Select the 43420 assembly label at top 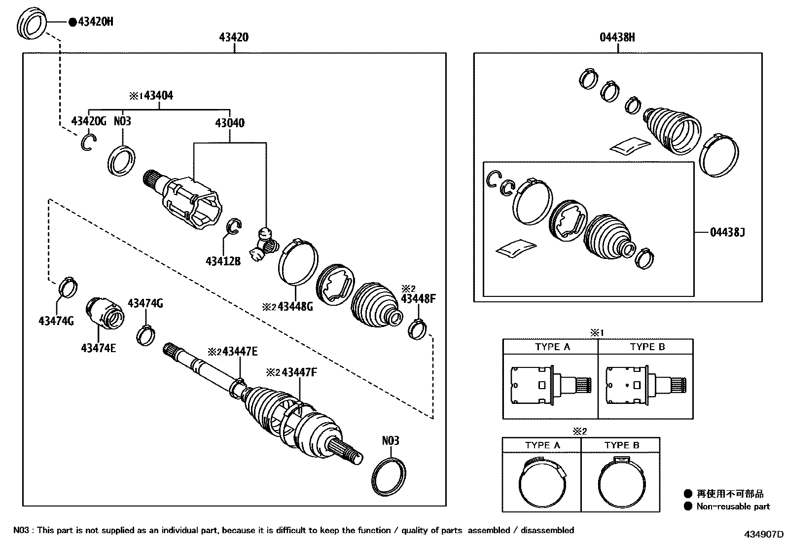(234, 37)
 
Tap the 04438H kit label (617, 37)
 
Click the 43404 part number (158, 96)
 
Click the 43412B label (223, 261)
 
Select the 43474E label (99, 348)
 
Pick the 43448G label (295, 307)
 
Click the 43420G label (88, 121)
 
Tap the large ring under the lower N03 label (389, 477)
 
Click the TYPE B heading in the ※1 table (647, 347)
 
